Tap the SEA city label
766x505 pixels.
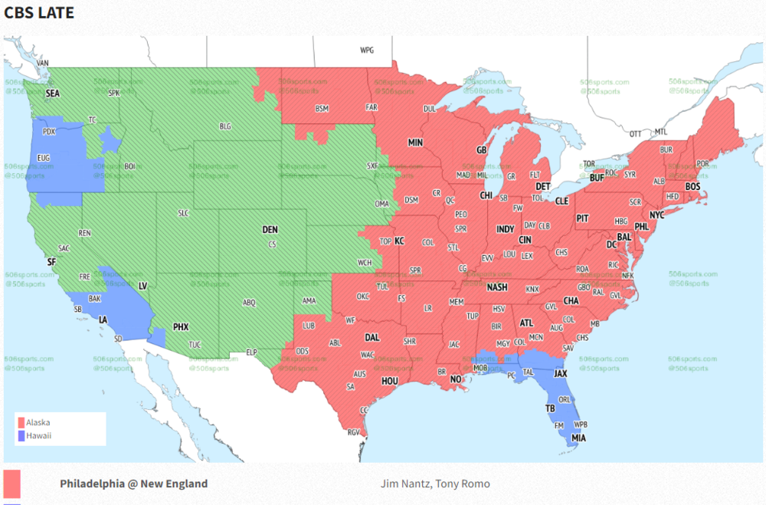[52, 93]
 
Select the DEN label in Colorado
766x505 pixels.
[270, 229]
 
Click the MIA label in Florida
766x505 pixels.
[579, 438]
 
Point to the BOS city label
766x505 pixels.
[692, 186]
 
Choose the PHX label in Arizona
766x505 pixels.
[181, 326]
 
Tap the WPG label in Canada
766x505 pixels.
[367, 50]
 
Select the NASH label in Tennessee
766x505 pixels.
[497, 287]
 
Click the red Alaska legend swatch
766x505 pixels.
[21, 422]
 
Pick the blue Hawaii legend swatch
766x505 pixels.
[21, 435]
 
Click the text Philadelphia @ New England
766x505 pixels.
[133, 484]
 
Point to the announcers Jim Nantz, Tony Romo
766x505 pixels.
[434, 484]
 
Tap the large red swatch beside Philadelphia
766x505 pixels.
[11, 484]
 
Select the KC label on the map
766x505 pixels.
[399, 241]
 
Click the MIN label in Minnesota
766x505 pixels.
[415, 143]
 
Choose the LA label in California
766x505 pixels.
[102, 319]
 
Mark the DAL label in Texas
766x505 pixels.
[372, 336]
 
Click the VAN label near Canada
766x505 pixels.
[43, 63]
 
